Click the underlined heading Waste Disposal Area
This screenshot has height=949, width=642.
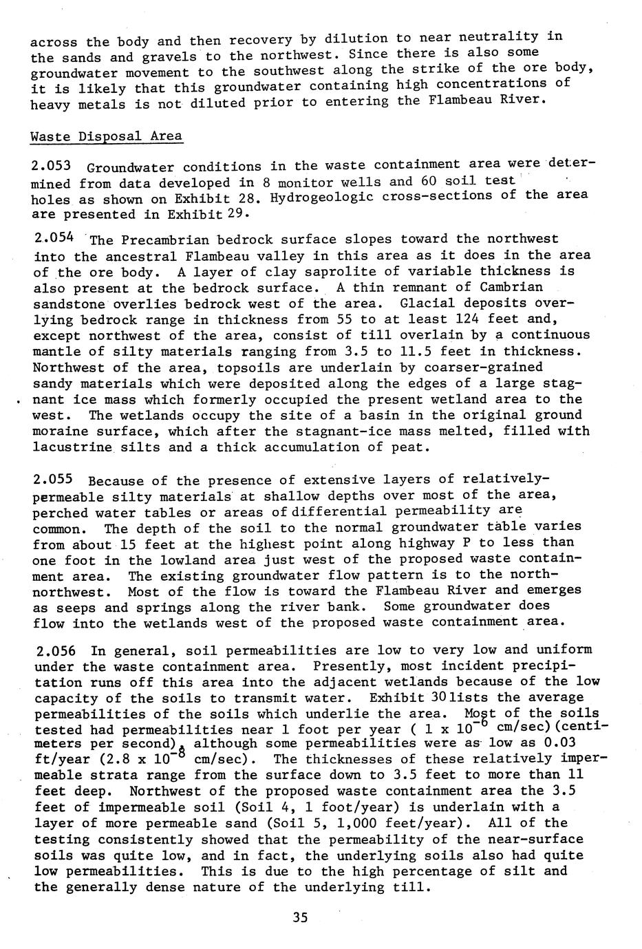107,136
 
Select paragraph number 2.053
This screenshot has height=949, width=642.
51,167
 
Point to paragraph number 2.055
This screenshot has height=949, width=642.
52,479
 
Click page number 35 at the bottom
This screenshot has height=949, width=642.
299,917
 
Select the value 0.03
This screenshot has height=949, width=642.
555,744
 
